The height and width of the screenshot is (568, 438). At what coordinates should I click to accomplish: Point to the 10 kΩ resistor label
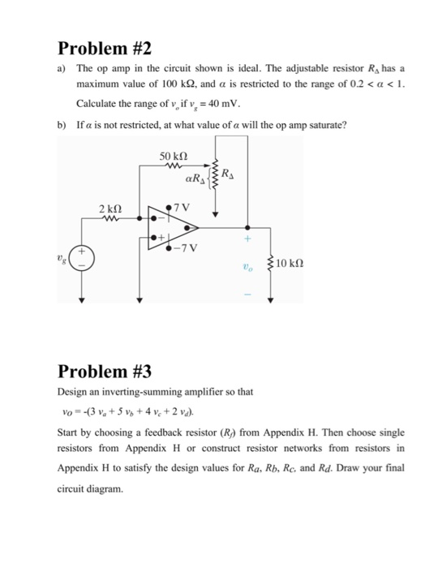(290, 264)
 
